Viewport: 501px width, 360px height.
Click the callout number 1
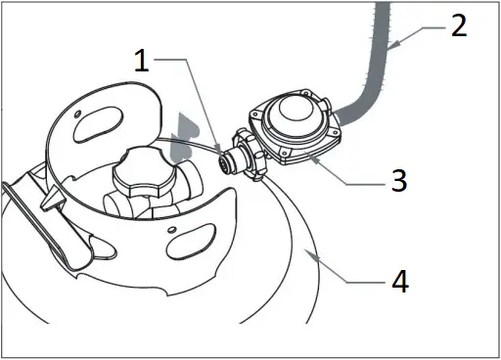(143, 63)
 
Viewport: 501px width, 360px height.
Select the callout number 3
(398, 181)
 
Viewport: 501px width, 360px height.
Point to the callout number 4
(398, 283)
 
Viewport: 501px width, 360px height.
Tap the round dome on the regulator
(295, 114)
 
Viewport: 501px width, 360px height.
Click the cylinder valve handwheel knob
(143, 177)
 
